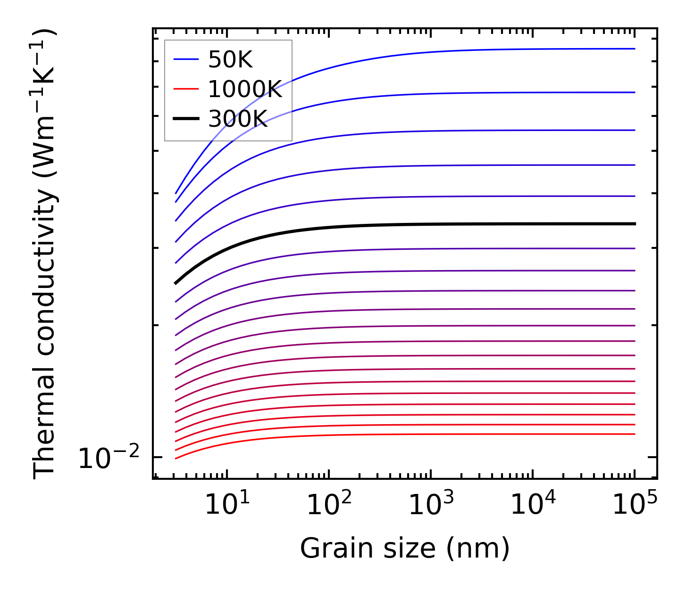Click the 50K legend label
pos(230,60)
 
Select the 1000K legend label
pos(245,90)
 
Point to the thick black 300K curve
pos(425,224)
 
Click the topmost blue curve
pos(472,49)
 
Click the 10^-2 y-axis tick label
pos(109,458)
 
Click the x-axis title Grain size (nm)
pos(405,549)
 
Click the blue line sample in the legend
pos(186,59)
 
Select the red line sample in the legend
pos(186,89)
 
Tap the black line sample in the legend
pos(186,119)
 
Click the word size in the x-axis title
pos(416,549)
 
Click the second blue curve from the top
pos(472,93)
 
